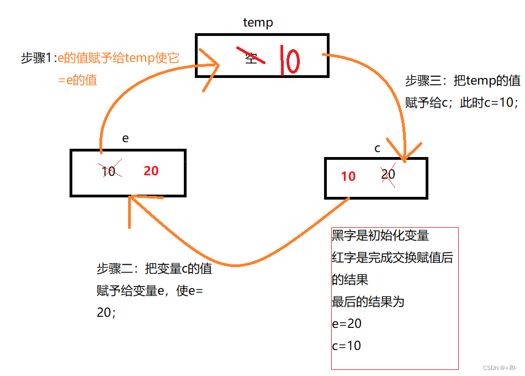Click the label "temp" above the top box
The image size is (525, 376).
click(x=258, y=23)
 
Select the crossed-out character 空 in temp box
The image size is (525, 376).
click(x=252, y=56)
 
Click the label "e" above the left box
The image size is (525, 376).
click(x=125, y=138)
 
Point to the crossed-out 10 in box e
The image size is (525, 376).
click(x=109, y=171)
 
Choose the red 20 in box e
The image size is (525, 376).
click(x=151, y=171)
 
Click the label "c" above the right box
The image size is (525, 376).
click(x=378, y=148)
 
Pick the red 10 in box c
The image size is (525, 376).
click(x=348, y=176)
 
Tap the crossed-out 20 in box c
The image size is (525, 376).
click(x=388, y=174)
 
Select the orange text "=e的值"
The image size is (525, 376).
click(x=77, y=80)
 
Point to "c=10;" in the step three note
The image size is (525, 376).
click(x=499, y=102)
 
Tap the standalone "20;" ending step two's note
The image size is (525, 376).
click(x=106, y=312)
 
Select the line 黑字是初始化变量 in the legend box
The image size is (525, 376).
click(x=380, y=236)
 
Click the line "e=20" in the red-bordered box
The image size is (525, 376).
click(x=347, y=324)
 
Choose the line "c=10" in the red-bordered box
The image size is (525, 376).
click(x=347, y=346)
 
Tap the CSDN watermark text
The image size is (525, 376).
click(x=499, y=368)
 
